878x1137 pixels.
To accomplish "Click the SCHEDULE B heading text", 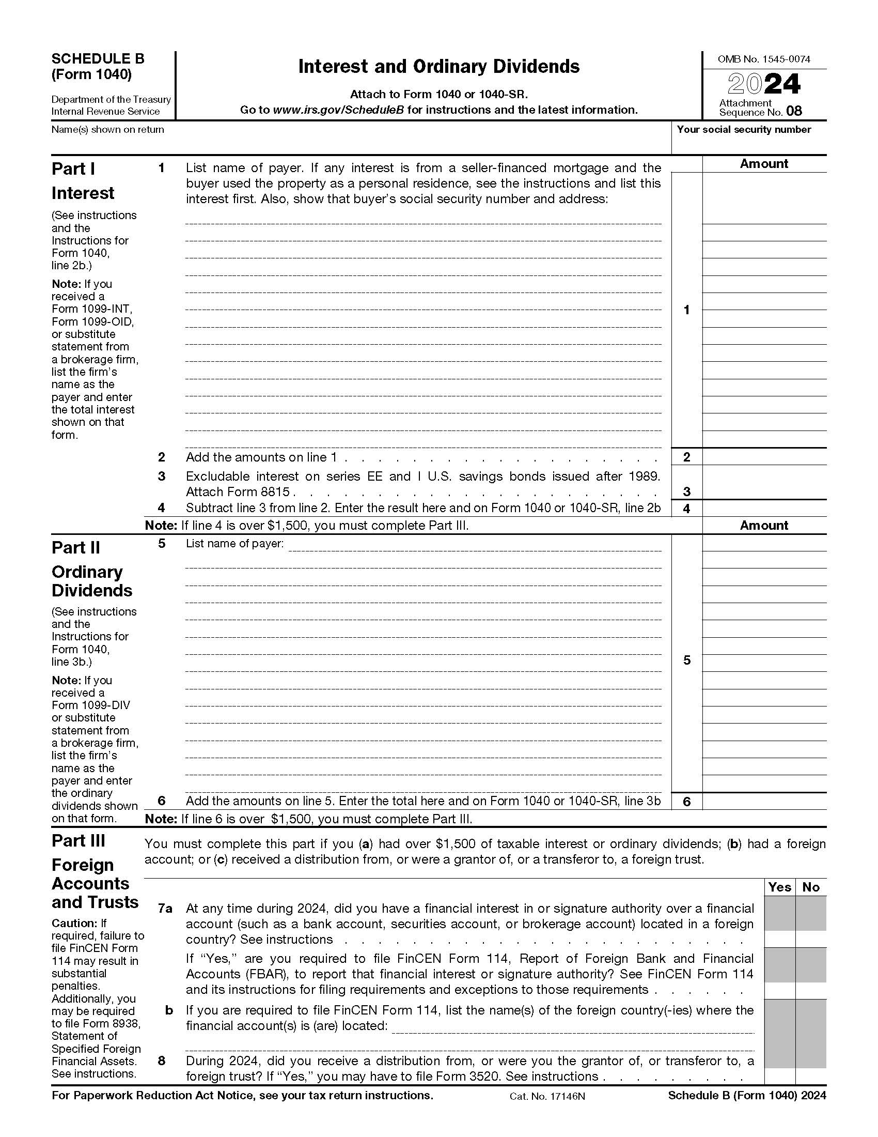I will [98, 59].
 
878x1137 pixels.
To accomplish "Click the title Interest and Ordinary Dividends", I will [438, 67].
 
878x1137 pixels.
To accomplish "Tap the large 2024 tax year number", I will [763, 84].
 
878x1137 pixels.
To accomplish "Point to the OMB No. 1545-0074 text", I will [763, 59].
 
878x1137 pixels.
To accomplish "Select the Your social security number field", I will [748, 143].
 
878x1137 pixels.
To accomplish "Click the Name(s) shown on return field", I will [359, 143].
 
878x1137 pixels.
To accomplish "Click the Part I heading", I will [73, 168].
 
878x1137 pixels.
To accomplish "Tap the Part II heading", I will [76, 548].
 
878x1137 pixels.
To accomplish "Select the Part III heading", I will [78, 841].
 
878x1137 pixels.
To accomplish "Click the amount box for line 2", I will [763, 456].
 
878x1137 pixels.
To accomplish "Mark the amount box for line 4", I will [763, 508].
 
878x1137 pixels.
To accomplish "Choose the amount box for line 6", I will [763, 801].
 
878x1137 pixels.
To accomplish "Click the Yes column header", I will [779, 887].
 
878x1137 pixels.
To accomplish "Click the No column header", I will [810, 887].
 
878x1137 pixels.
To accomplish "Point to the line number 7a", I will [165, 909].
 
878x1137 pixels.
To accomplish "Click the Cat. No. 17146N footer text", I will [547, 1096].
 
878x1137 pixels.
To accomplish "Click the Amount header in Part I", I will [763, 163].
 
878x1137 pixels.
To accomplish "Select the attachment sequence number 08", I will [794, 111].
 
